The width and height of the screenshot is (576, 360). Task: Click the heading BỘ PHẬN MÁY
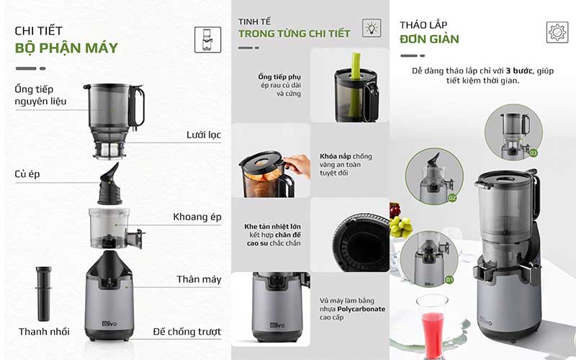click(x=66, y=48)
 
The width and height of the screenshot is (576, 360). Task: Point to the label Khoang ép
click(x=197, y=217)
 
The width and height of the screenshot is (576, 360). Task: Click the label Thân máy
click(x=199, y=279)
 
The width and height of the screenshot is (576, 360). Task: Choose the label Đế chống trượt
click(x=186, y=332)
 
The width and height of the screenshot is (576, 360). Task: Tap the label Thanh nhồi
click(x=44, y=332)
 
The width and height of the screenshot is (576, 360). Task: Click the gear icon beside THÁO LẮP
click(x=557, y=32)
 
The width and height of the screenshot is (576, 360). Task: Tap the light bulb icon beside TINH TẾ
click(x=372, y=29)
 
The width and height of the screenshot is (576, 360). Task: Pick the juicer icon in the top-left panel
click(x=207, y=39)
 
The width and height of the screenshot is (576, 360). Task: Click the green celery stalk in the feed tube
click(x=354, y=63)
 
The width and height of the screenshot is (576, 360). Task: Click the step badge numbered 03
click(x=533, y=153)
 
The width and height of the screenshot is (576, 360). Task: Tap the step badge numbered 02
click(x=453, y=197)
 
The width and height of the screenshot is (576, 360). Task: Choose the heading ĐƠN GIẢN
click(x=430, y=39)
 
